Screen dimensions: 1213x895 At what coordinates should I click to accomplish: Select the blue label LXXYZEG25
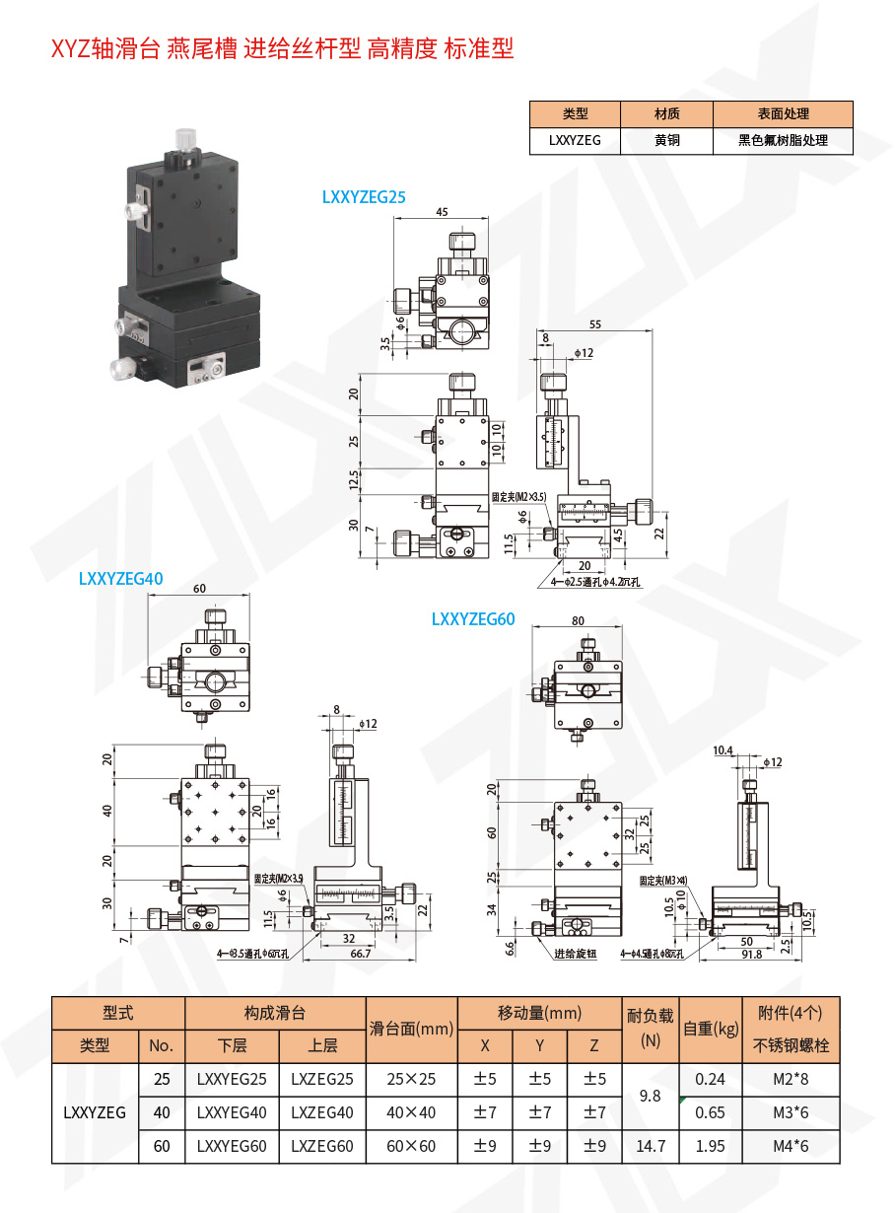point(364,197)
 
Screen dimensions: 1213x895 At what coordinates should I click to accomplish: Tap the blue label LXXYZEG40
point(120,579)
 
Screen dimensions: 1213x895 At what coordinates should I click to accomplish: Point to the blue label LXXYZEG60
point(473,619)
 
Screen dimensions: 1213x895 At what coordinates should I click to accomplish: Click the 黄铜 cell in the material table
point(666,140)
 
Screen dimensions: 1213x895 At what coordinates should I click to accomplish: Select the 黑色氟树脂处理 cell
point(783,140)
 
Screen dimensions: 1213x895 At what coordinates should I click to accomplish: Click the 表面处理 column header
point(783,114)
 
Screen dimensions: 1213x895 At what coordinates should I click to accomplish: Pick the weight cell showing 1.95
point(710,1146)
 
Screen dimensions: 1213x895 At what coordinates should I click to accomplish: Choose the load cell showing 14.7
point(650,1146)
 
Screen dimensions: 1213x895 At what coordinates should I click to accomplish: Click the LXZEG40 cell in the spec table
point(321,1112)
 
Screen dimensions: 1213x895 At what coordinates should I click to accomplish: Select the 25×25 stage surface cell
point(410,1079)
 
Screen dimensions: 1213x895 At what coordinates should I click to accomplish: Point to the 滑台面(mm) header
point(410,1030)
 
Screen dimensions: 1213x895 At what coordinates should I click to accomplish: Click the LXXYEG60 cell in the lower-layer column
point(232,1146)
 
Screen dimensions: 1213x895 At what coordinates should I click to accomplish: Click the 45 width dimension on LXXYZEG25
point(441,212)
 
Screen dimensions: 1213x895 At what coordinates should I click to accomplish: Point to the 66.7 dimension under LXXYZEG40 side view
point(361,954)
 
